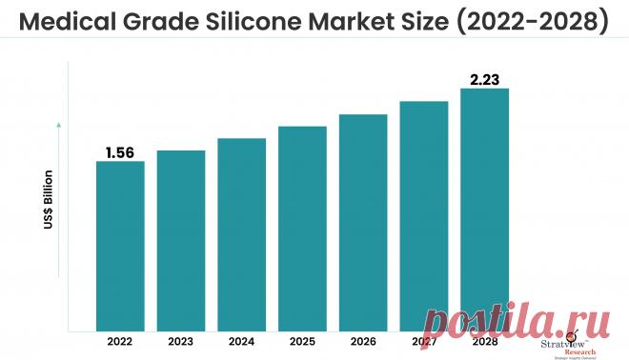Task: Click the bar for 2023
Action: pos(181,239)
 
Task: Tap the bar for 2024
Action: pos(241,232)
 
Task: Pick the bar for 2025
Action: pos(302,227)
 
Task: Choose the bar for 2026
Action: pos(363,221)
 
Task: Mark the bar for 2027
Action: pos(424,214)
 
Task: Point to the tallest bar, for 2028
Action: pos(484,208)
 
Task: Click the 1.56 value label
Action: pos(120,152)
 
